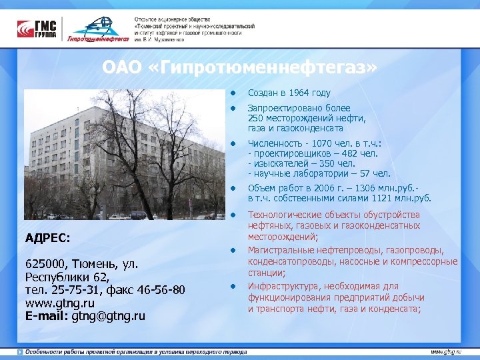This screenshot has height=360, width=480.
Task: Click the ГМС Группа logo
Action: click(38, 29)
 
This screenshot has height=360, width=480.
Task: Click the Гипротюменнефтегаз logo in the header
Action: click(98, 30)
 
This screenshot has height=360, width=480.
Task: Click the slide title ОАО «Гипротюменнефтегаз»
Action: click(239, 68)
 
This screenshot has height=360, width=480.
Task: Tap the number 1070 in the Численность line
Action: click(317, 143)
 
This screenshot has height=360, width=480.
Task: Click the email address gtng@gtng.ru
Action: click(109, 315)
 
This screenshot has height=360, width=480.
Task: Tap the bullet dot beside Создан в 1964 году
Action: click(234, 93)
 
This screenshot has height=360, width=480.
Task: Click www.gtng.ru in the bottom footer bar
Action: click(445, 351)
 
